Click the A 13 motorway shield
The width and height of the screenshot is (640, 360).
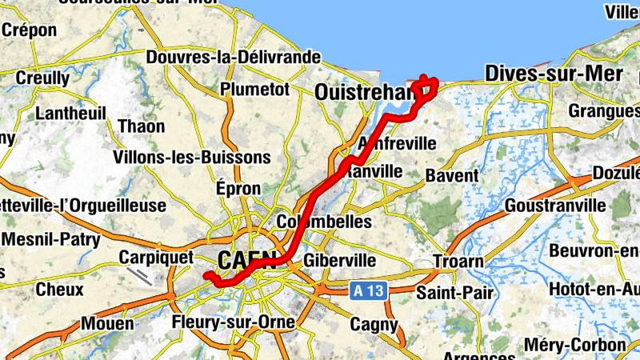(x=369, y=291)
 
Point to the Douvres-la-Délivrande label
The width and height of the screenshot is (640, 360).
(x=234, y=58)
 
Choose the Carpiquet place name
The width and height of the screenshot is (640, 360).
(x=156, y=258)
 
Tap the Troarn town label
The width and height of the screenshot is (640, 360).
(x=458, y=262)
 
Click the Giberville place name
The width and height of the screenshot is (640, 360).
(x=340, y=261)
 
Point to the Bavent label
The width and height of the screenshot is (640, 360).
(x=452, y=175)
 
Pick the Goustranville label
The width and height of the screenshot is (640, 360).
(x=555, y=206)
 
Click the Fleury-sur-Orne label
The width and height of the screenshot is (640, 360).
(x=233, y=323)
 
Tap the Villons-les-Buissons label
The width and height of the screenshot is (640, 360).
(x=192, y=157)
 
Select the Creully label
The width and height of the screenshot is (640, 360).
(x=43, y=78)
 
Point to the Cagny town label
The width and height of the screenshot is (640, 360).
(x=374, y=324)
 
